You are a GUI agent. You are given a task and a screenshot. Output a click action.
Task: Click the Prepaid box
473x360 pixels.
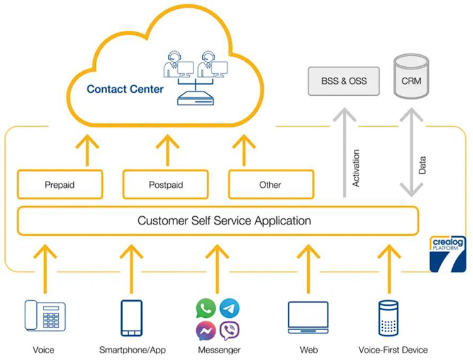coord(60,185)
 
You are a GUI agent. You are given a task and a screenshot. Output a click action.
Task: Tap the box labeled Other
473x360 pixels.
coord(270,185)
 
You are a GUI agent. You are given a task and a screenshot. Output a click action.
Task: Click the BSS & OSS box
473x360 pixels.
coord(344,81)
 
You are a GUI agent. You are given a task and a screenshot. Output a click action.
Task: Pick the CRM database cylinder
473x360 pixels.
coord(411,77)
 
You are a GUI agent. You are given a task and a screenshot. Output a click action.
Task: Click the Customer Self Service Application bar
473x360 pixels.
coord(218,221)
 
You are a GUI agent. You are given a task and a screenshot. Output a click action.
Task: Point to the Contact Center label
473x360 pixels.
coord(125,89)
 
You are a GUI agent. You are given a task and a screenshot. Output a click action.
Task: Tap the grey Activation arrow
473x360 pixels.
coord(345,154)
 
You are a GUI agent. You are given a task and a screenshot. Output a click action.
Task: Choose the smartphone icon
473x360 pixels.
coord(132,317)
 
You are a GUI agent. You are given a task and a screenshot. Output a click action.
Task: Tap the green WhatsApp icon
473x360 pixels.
coord(206,308)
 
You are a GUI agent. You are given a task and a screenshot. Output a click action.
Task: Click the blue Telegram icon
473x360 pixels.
coord(230,308)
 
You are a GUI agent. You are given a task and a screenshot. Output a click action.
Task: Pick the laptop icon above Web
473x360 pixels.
coord(308,318)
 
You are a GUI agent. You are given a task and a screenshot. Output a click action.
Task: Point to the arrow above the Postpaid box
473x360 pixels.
coord(167,150)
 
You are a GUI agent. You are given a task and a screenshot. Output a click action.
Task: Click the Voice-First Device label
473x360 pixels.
coord(392,350)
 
